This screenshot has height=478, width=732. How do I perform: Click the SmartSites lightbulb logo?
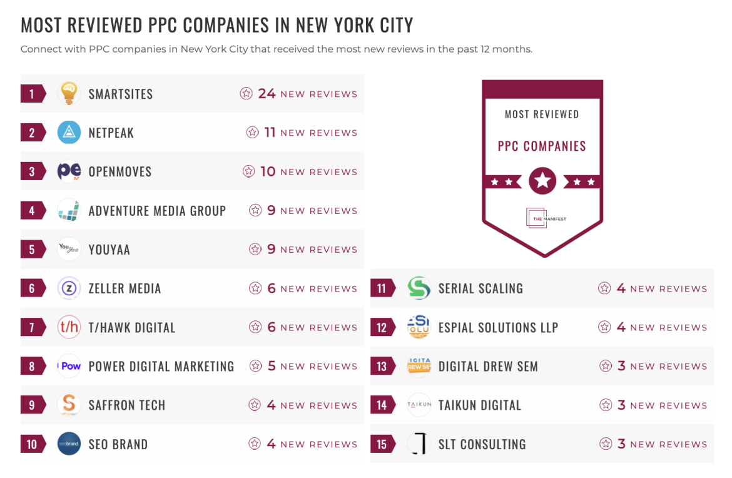(x=69, y=94)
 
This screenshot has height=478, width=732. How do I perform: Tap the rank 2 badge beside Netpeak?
(x=33, y=133)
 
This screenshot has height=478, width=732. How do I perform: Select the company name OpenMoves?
(x=120, y=172)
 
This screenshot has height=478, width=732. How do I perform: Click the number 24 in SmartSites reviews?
(x=267, y=94)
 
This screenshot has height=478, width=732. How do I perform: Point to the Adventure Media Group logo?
(x=69, y=210)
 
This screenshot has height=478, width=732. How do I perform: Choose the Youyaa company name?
(x=109, y=250)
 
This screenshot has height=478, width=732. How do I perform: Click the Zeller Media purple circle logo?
(x=69, y=288)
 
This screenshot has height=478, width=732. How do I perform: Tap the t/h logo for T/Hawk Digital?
(x=69, y=327)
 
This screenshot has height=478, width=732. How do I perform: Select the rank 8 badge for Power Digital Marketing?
(x=33, y=366)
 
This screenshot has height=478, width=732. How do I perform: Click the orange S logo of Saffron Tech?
(x=69, y=405)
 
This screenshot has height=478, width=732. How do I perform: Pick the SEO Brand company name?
(x=118, y=445)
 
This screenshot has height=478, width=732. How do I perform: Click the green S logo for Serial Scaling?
(x=419, y=288)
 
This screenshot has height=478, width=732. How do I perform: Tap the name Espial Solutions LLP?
(x=498, y=327)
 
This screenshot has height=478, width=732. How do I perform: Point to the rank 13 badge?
(x=382, y=366)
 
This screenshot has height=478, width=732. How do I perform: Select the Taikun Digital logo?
(x=419, y=405)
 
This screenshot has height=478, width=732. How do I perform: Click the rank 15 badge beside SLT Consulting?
(x=382, y=444)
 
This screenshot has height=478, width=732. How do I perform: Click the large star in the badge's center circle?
(x=542, y=181)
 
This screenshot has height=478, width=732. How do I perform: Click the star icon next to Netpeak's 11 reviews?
(x=252, y=133)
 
